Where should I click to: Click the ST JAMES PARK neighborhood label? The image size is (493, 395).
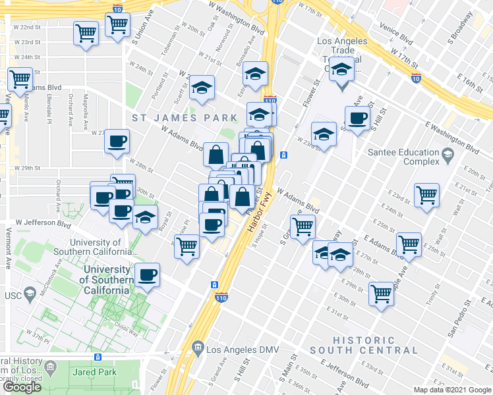184,118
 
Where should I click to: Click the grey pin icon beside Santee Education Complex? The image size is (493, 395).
448,156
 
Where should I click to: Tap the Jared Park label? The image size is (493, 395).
96,372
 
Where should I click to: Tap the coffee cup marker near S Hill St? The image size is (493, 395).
358,118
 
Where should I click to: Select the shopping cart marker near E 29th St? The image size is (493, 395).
382,293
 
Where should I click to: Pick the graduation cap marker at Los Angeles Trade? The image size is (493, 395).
342,69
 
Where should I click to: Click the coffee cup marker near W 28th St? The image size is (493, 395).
117,141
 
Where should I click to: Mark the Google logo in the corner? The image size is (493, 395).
22,387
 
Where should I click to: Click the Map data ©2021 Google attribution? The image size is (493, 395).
453,390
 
